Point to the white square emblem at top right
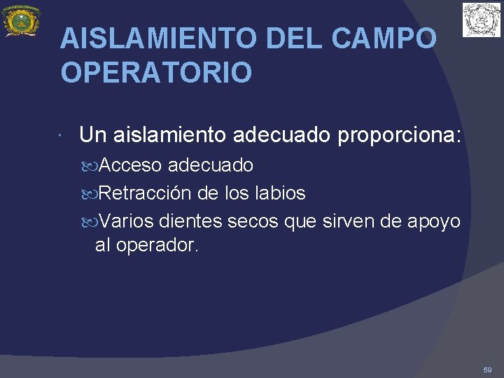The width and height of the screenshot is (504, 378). coord(482,20)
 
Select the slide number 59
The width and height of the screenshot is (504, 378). coord(487,369)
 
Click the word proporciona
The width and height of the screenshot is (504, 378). coord(400,135)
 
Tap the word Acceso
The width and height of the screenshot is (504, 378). coord(131,166)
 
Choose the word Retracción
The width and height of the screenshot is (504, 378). coord(149,193)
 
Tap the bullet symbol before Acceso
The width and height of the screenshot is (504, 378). coord(94,167)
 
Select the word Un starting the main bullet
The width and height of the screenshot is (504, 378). coord(92,135)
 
